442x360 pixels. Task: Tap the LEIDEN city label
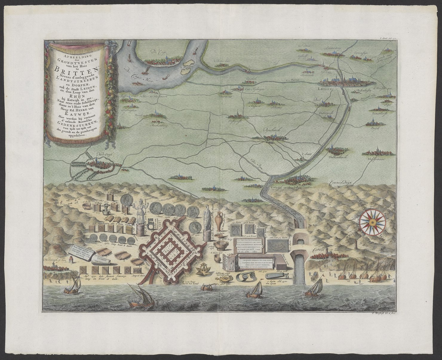pos(324,89)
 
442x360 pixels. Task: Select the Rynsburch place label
pos(271,131)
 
